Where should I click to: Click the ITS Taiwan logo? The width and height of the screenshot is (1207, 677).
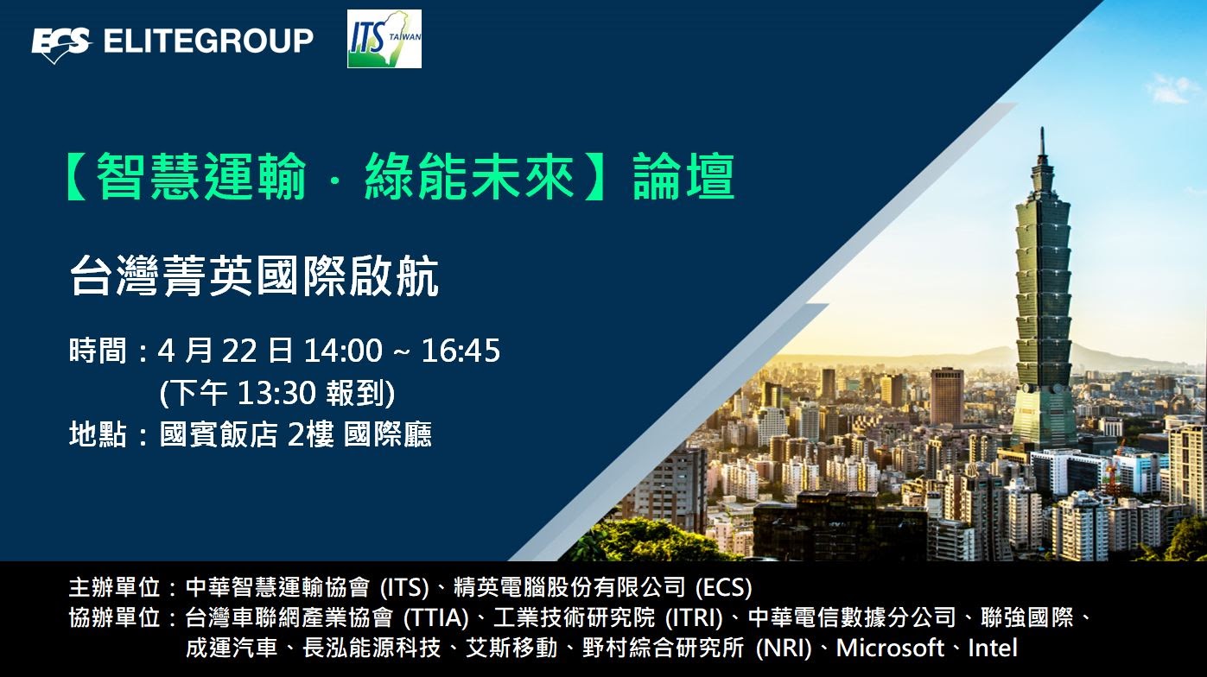tap(384, 39)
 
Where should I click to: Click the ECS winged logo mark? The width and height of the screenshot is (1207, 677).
tap(60, 44)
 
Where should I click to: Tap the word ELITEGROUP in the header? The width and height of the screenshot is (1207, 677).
tap(208, 41)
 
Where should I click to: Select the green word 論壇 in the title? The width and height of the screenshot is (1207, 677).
tap(683, 176)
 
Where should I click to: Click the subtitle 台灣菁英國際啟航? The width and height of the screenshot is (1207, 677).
tap(254, 275)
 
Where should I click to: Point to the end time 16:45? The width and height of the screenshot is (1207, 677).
tap(461, 351)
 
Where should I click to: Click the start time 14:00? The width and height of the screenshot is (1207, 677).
tap(343, 351)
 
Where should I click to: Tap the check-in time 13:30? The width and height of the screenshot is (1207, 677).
tap(276, 393)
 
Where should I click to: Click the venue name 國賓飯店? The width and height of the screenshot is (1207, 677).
tap(219, 434)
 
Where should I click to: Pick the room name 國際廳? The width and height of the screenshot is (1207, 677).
tap(388, 434)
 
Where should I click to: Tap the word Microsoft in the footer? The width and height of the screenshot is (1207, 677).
tap(890, 648)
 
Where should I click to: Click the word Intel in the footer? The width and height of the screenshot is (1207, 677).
tap(993, 648)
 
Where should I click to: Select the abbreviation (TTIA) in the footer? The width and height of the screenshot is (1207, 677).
tap(436, 617)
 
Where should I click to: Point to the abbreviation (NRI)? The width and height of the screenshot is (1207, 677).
tap(784, 648)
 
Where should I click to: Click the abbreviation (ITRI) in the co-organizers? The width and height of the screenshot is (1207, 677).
tap(694, 617)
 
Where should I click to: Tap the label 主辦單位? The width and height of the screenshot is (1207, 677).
tap(115, 587)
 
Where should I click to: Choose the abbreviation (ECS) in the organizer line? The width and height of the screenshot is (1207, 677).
tap(723, 587)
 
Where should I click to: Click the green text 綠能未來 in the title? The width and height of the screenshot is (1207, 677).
tap(469, 176)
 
